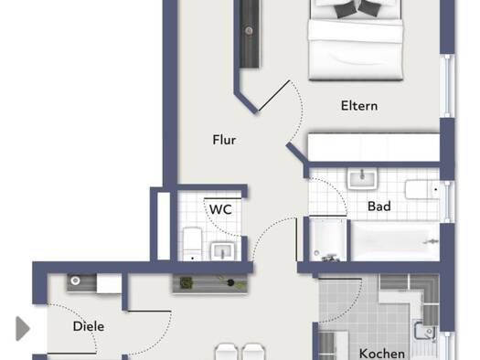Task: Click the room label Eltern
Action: tap(359, 106)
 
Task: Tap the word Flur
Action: tap(224, 140)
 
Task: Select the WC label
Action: tap(220, 209)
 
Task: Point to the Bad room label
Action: tap(379, 206)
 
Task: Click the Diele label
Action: tap(89, 326)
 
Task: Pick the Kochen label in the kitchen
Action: tap(382, 354)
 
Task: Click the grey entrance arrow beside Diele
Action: tap(23, 329)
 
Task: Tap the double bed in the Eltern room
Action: tap(355, 40)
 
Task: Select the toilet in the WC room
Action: tap(192, 244)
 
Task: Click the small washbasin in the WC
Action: tap(222, 251)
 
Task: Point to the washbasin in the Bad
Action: tap(362, 179)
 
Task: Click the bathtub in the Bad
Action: tap(395, 241)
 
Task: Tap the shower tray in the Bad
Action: tap(327, 239)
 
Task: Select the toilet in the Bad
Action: tap(422, 190)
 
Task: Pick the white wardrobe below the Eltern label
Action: tap(374, 147)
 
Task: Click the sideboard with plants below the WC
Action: tap(210, 283)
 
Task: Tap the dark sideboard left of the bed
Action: tap(250, 34)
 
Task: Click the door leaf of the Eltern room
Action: tap(274, 95)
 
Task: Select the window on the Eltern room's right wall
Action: tap(448, 86)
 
